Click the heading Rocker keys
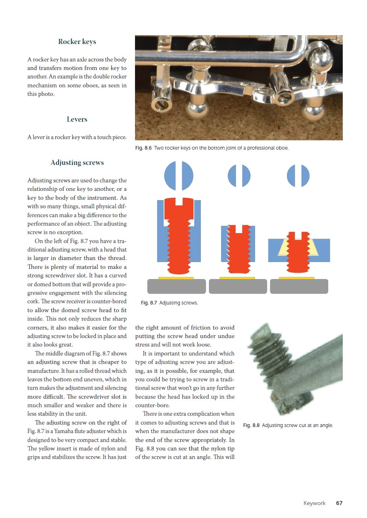click(x=77, y=42)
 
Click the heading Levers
click(x=77, y=119)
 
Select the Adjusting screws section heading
click(x=77, y=163)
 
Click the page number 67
click(x=339, y=503)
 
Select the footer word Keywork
click(x=314, y=503)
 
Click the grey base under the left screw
click(x=176, y=286)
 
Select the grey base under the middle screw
click(x=237, y=286)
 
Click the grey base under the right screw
click(x=299, y=286)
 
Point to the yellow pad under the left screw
click(x=176, y=278)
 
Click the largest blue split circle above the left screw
click(x=179, y=175)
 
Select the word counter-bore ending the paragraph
click(x=150, y=405)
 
